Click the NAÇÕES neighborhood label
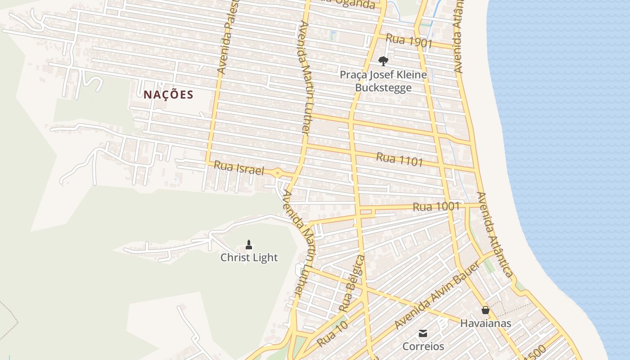[x=168, y=95]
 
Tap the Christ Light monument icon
[x=249, y=245]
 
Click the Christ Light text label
[x=249, y=257]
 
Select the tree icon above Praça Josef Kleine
[x=383, y=61]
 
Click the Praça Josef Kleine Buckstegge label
[x=383, y=81]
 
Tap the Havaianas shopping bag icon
[x=485, y=310]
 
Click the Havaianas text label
[x=485, y=323]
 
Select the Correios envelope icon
[x=423, y=333]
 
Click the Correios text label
[x=423, y=346]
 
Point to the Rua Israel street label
[x=239, y=168]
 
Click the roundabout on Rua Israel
[x=278, y=172]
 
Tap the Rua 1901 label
[x=409, y=41]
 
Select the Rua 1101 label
[x=399, y=159]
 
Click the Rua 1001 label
[x=436, y=207]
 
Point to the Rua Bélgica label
[x=351, y=283]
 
